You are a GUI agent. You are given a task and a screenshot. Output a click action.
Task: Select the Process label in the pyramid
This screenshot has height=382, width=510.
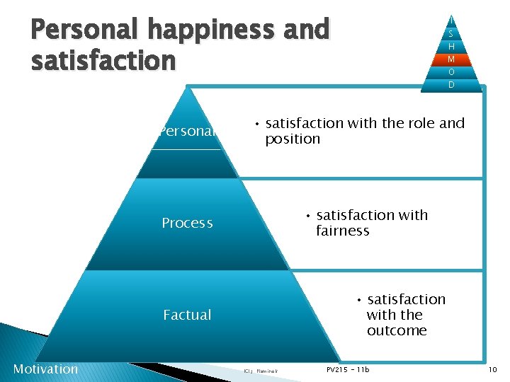click(187, 224)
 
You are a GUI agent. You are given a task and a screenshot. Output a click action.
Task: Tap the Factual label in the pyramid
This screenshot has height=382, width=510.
click(187, 316)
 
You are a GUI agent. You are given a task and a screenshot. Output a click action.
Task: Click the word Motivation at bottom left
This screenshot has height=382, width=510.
click(45, 369)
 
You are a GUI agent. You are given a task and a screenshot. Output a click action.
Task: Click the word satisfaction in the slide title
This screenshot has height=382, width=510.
click(103, 60)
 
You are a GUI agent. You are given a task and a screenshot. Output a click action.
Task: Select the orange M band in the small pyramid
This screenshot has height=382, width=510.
click(451, 59)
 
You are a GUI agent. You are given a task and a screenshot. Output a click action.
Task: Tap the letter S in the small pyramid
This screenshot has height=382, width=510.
click(451, 34)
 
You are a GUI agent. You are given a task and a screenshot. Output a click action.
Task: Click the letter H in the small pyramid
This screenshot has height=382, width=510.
click(451, 47)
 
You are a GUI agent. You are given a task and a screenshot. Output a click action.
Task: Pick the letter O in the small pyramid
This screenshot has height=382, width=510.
click(451, 72)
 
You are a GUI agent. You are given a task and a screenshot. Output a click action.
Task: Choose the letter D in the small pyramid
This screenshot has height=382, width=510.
click(451, 85)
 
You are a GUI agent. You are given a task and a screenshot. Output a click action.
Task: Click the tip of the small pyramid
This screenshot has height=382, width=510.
click(451, 17)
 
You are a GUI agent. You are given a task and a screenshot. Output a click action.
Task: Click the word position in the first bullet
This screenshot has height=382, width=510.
click(293, 139)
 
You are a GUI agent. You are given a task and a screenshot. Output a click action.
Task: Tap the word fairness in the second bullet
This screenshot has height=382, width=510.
click(343, 231)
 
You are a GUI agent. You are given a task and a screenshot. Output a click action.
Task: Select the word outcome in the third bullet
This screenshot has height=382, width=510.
click(397, 331)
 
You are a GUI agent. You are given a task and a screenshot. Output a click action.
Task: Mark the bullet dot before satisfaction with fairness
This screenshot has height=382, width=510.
click(309, 215)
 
